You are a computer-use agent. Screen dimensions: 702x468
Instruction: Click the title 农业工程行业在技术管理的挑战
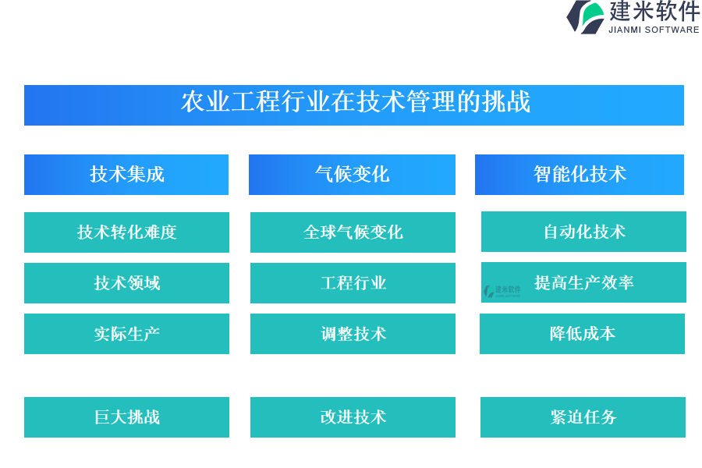click(x=356, y=101)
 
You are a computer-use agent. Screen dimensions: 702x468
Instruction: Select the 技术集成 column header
click(x=126, y=175)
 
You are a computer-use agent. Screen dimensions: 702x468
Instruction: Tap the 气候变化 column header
click(x=352, y=175)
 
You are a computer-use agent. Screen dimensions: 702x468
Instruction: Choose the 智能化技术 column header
click(x=580, y=175)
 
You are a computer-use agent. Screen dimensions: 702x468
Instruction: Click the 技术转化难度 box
click(x=126, y=232)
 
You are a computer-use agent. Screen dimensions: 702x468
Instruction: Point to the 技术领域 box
click(x=126, y=283)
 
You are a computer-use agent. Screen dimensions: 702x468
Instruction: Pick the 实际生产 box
click(x=126, y=334)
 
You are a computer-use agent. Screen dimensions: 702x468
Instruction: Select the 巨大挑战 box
click(x=126, y=417)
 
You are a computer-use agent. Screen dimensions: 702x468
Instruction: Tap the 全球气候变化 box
click(x=353, y=232)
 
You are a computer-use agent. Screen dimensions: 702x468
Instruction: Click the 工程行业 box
click(x=353, y=283)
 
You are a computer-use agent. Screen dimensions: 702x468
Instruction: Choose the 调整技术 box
click(x=353, y=334)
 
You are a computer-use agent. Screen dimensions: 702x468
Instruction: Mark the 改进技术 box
click(x=353, y=417)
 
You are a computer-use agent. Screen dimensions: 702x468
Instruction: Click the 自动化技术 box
click(x=583, y=232)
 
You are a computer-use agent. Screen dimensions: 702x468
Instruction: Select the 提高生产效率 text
click(x=583, y=282)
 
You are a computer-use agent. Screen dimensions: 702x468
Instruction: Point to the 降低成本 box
click(x=582, y=334)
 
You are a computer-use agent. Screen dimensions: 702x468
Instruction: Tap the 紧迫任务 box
click(x=583, y=417)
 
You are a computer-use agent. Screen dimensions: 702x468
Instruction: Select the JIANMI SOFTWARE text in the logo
click(x=654, y=30)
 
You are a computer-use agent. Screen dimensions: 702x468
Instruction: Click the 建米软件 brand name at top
click(x=654, y=11)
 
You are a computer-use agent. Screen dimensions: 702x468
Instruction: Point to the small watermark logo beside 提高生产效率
click(x=502, y=291)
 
